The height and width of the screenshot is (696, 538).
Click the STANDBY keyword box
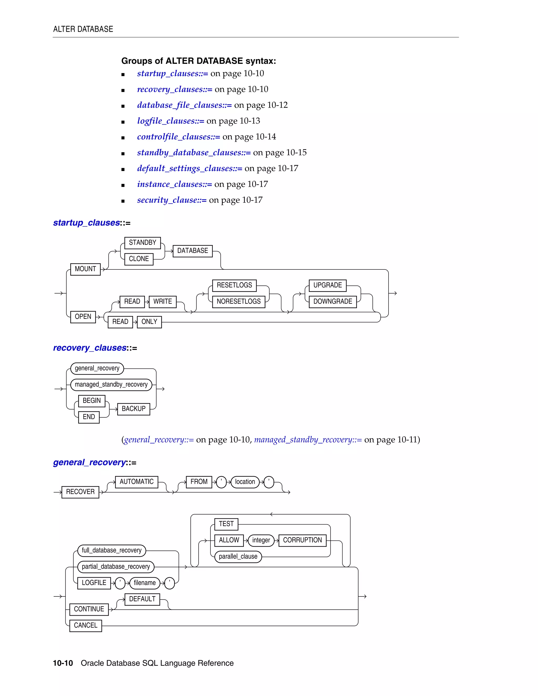point(142,243)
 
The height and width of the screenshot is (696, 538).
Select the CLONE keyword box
point(139,259)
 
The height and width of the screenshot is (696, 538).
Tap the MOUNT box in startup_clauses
point(85,269)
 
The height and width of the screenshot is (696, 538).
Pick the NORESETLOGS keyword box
point(239,302)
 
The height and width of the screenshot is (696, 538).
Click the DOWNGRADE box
point(332,302)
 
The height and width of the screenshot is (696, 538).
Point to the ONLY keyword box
point(149,322)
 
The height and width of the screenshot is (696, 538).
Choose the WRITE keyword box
point(163,302)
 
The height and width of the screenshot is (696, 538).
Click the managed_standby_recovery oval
point(111,385)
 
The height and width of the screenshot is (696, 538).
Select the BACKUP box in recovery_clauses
point(133,409)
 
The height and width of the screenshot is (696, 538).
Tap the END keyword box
point(89,417)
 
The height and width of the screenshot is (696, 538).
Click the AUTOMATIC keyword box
point(136,482)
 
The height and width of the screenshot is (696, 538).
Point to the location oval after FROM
point(245,482)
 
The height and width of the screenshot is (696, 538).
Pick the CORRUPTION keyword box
point(302,541)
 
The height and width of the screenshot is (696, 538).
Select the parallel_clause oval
point(238,557)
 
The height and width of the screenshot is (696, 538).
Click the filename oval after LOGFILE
point(145,583)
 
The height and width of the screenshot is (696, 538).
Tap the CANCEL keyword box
point(85,626)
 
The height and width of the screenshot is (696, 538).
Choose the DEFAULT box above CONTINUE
point(142,599)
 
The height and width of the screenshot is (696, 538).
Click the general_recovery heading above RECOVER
point(90,463)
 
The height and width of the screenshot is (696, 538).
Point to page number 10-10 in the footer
point(63,663)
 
